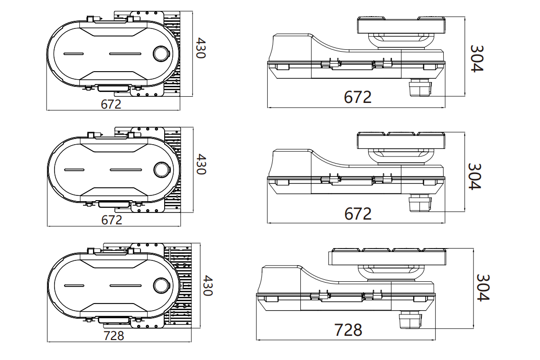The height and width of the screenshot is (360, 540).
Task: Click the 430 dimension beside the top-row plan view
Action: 200,48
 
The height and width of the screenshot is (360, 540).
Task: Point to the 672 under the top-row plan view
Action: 111,104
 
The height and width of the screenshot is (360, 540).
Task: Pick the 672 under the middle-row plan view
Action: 112,220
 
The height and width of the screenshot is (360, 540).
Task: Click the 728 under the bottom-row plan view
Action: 114,335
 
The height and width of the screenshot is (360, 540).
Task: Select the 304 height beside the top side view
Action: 476,58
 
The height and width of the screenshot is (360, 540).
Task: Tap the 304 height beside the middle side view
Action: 475,176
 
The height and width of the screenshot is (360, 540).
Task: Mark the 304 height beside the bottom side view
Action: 483,287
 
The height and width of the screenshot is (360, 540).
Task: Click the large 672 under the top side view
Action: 357,97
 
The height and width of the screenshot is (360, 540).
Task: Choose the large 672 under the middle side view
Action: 357,213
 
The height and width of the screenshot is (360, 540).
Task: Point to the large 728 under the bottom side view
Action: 348,330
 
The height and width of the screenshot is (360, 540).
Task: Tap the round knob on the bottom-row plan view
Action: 161,285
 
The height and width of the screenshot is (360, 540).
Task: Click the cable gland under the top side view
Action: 419,87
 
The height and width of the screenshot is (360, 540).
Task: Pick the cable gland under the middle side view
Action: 419,204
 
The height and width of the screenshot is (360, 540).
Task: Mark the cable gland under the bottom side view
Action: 410,320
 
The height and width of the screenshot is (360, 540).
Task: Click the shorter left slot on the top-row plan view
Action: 74,54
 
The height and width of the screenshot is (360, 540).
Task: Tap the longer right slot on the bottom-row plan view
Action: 126,285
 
